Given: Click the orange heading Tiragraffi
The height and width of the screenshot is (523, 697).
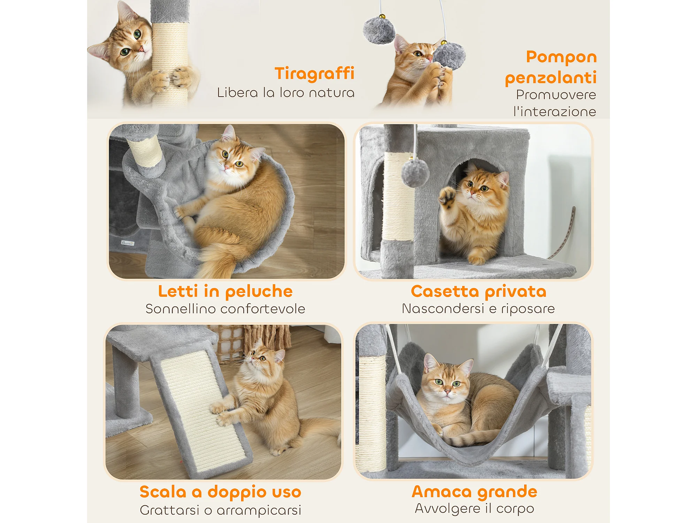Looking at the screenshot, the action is pos(314,74).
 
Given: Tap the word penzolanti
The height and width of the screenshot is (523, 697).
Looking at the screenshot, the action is pos(551,78).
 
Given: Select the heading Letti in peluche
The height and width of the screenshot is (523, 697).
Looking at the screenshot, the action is pos(225,291).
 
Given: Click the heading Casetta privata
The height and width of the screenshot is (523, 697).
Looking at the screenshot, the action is pos(478,291).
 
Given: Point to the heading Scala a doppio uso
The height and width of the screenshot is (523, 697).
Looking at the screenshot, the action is pos(220,492).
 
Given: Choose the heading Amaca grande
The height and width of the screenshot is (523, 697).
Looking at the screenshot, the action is pos(474,492).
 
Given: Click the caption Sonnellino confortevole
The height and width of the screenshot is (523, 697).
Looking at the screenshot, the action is pos(225,309).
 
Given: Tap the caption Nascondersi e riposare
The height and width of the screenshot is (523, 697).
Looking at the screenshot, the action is pos(478,309).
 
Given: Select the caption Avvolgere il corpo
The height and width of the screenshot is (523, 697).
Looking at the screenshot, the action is pos(474,509).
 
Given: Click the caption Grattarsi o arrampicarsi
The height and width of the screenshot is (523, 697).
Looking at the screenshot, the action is pos(220,510).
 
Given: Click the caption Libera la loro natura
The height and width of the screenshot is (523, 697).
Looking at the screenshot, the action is pos(286,93).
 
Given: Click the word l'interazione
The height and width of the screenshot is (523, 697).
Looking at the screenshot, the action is pos(554,112).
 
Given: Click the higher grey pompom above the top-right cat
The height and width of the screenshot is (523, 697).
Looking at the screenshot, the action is pos(379,31).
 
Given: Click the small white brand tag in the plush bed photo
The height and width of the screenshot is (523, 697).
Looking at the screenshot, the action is pos(128,243).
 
